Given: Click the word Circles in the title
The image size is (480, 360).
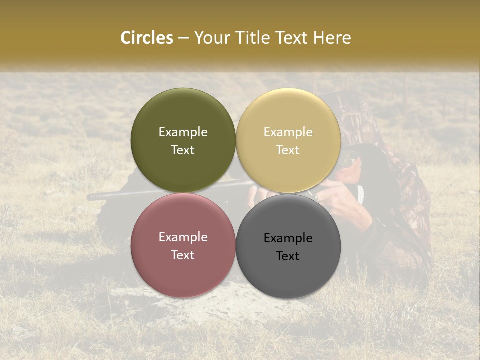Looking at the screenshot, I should (x=146, y=38).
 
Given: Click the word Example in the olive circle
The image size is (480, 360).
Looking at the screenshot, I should (x=183, y=132).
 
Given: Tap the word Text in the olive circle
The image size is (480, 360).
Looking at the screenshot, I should (x=183, y=150).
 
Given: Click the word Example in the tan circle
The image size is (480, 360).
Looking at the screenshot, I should (x=288, y=132).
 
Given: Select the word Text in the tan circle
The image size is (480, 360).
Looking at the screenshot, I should (x=288, y=150).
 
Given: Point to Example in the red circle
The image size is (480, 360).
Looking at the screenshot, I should (x=183, y=237).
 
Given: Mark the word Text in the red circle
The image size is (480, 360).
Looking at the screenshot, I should (x=183, y=255).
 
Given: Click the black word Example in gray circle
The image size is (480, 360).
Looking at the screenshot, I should (x=288, y=238).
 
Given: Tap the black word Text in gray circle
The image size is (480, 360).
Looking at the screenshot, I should (x=288, y=256).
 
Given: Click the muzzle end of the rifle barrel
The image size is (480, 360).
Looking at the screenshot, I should (x=90, y=197).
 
